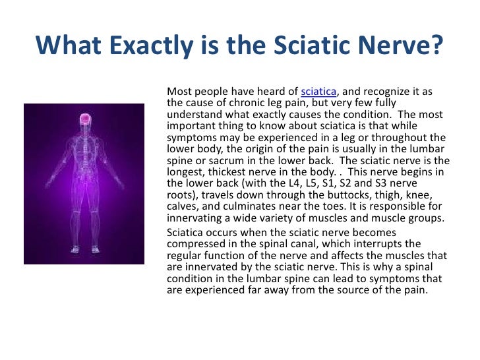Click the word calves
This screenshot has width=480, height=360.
(x=182, y=206)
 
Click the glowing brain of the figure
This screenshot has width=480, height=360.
(x=84, y=119)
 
